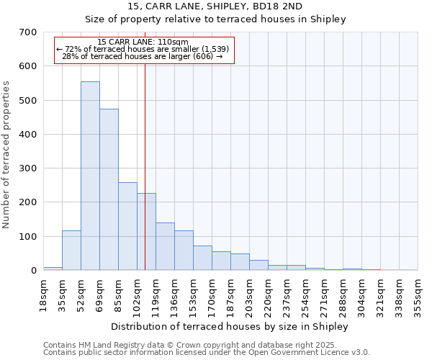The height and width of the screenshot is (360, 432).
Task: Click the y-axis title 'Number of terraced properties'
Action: (6, 155)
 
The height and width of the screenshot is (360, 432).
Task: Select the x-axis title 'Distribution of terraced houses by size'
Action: (230, 327)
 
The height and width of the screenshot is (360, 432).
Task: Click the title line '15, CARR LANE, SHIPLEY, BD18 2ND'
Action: (215, 7)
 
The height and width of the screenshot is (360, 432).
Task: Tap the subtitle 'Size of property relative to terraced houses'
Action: (215, 19)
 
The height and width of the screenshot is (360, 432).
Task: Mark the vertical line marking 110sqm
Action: (145, 180)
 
